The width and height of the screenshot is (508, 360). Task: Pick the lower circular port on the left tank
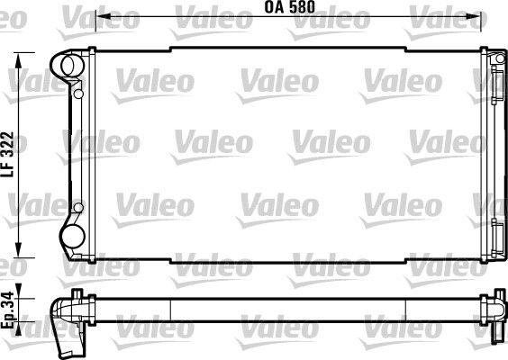(x=69, y=237)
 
